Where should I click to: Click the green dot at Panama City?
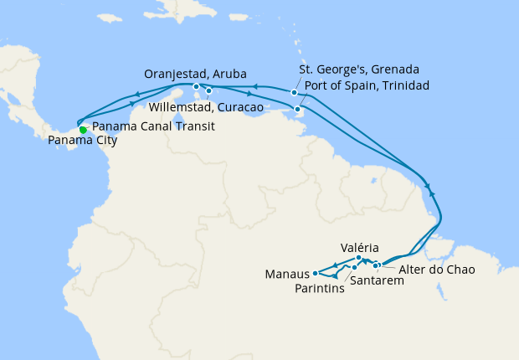point(82,130)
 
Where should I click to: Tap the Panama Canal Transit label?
point(153,126)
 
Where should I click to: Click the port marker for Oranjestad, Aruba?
point(196,86)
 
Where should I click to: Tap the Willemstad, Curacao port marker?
point(208,90)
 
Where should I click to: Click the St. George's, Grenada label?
point(359,69)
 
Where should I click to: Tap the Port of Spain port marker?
point(298,109)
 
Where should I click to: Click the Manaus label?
point(286,274)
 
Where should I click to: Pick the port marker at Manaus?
point(315,273)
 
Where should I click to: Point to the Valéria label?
point(360,248)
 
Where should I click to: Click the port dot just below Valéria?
point(358,258)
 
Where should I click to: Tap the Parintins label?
point(321,289)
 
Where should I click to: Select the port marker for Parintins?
point(335,275)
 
